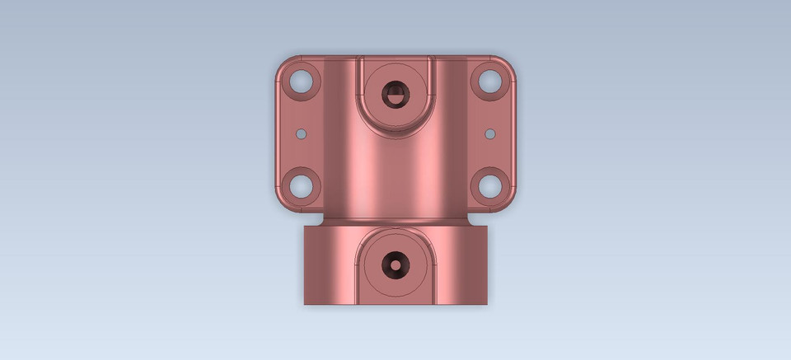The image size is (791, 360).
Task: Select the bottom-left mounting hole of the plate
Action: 302,185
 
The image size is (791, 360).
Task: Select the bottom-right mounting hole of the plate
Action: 489,185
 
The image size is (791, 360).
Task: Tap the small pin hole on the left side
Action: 302,133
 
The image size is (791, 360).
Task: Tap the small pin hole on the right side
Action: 489,133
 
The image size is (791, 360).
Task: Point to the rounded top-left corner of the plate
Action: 281,63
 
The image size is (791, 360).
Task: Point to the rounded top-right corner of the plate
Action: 510,63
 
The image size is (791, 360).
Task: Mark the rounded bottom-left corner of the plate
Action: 281,206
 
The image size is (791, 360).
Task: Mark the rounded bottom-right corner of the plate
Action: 510,206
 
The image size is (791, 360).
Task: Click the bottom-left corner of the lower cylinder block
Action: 305,304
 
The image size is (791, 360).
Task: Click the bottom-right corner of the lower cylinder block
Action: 487,304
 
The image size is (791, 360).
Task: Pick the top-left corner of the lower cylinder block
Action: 305,227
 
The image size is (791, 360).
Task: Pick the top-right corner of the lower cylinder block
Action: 487,227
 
